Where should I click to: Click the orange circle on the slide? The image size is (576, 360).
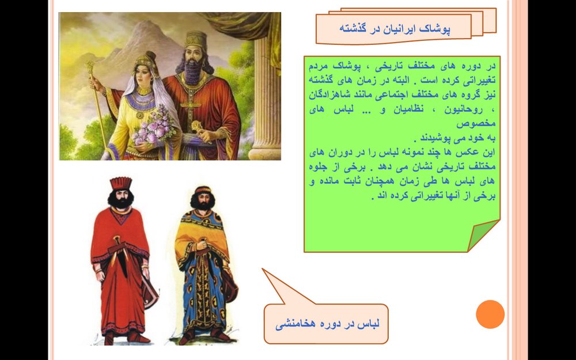click(490, 314)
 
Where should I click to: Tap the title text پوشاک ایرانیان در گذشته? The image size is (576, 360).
click(395, 29)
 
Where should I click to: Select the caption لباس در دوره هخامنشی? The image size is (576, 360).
click(327, 324)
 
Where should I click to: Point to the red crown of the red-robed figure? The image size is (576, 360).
click(120, 183)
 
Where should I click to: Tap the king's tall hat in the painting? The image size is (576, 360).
click(196, 40)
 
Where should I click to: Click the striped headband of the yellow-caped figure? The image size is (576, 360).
click(203, 190)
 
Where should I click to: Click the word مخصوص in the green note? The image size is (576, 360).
click(476, 124)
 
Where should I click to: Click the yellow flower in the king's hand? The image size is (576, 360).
click(196, 126)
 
